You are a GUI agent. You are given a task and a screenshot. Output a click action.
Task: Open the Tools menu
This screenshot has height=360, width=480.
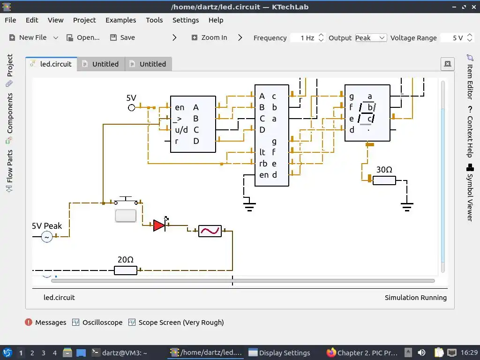pos(154,20)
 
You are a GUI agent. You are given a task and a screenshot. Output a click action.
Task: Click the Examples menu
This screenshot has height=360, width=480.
pos(120,20)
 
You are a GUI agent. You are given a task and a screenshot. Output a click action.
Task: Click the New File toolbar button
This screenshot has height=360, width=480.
pos(28,37)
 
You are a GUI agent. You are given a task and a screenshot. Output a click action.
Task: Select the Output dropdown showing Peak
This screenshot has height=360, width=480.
pos(370,38)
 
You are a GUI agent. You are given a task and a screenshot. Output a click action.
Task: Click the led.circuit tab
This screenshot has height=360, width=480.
pos(51,64)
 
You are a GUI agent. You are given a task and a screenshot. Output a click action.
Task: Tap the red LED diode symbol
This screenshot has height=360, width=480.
pos(159,225)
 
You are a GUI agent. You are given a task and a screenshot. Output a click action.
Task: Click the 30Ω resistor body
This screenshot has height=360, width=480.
pos(384,180)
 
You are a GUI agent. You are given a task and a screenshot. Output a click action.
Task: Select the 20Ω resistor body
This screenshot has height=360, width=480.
pos(126,270)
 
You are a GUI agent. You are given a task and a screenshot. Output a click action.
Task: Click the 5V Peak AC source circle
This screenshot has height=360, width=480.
pos(47,237)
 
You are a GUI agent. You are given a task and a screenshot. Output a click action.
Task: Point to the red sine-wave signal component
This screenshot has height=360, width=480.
pos(210,231)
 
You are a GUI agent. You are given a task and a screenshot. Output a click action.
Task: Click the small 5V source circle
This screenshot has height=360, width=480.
pos(132,108)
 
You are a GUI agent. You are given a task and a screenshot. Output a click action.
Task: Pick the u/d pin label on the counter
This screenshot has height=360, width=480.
pos(181,130)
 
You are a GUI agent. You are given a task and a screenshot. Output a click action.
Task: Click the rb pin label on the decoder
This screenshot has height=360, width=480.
pos(263,164)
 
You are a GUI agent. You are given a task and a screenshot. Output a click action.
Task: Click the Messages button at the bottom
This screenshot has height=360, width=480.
pos(45,322)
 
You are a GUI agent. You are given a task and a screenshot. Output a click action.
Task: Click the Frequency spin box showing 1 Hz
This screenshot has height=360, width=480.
pos(304,38)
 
